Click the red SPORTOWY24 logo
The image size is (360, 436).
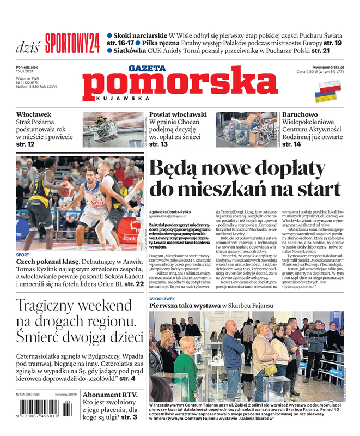pyautogui.click(x=72, y=43)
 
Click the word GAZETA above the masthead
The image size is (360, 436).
pyautogui.click(x=147, y=68)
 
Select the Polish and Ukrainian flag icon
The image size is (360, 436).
pyautogui.click(x=330, y=89)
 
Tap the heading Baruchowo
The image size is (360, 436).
pyautogui.click(x=300, y=114)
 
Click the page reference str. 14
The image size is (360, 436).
pyautogui.click(x=291, y=144)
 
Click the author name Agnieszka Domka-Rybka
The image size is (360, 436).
pyautogui.click(x=170, y=211)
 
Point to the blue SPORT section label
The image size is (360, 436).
pyautogui.click(x=23, y=255)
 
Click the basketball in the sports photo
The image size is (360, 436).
pyautogui.click(x=67, y=188)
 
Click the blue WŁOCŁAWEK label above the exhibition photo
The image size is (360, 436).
pyautogui.click(x=162, y=299)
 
